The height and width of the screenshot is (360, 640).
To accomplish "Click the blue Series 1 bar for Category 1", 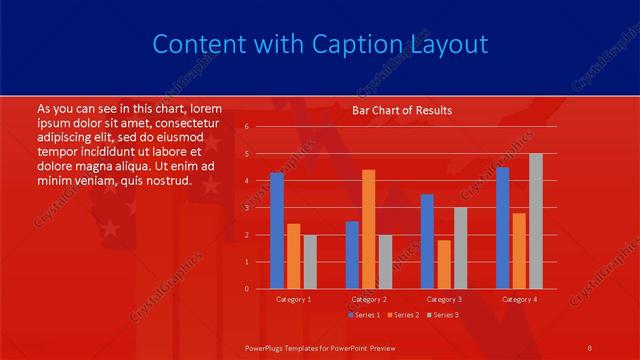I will coord(277,230).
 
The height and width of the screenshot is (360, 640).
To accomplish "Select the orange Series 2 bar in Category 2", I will coord(369,229).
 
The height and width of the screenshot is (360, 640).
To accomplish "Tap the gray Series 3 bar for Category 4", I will coord(536,221).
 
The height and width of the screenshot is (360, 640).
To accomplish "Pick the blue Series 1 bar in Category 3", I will coord(427,241).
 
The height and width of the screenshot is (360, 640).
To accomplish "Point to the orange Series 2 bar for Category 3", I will coord(444,264).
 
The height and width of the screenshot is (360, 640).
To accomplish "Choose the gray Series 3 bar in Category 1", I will coord(310,261).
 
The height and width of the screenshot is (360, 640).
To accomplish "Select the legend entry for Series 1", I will coord(365,316).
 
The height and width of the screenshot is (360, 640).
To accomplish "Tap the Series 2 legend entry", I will coord(402,316).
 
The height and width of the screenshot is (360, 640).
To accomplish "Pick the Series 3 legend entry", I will coord(441,316).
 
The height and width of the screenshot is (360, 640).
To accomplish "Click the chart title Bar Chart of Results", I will coord(402,110).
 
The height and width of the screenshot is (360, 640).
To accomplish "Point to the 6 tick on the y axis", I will coord(245,127).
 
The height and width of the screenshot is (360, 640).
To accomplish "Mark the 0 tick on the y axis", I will coord(245,289).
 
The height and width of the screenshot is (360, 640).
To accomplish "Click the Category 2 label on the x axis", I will coord(369,299).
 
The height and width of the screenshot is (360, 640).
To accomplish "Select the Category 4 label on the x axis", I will coord(519,299).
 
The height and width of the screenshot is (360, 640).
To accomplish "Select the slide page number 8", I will coord(590,346).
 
